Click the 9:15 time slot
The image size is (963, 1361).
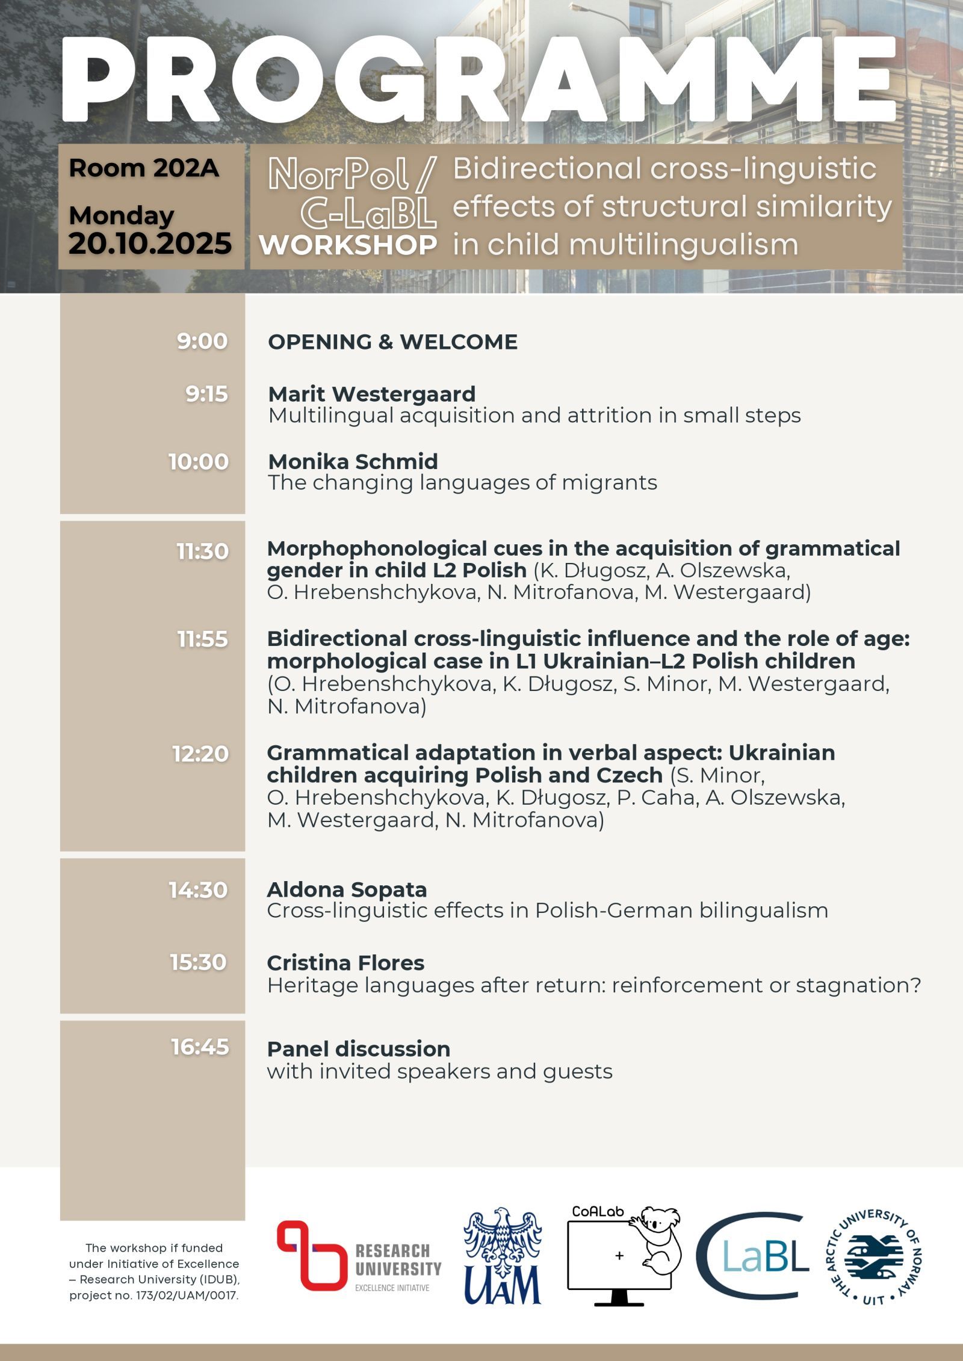coord(206,394)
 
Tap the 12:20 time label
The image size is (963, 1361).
coord(200,753)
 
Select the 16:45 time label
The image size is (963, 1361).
coord(200,1047)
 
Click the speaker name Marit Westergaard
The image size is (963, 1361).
coord(371,394)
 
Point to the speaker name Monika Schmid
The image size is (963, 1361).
coord(353,461)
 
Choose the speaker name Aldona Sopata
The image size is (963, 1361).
coord(347,889)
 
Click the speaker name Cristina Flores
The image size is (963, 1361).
coord(345,962)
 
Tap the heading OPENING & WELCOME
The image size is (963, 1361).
coord(392,342)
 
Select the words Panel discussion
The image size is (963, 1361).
coord(358,1049)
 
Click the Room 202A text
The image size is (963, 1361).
coord(144,168)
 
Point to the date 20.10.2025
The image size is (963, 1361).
coord(150,244)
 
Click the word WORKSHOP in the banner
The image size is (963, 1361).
coord(348,245)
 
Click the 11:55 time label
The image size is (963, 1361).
coord(202,639)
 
